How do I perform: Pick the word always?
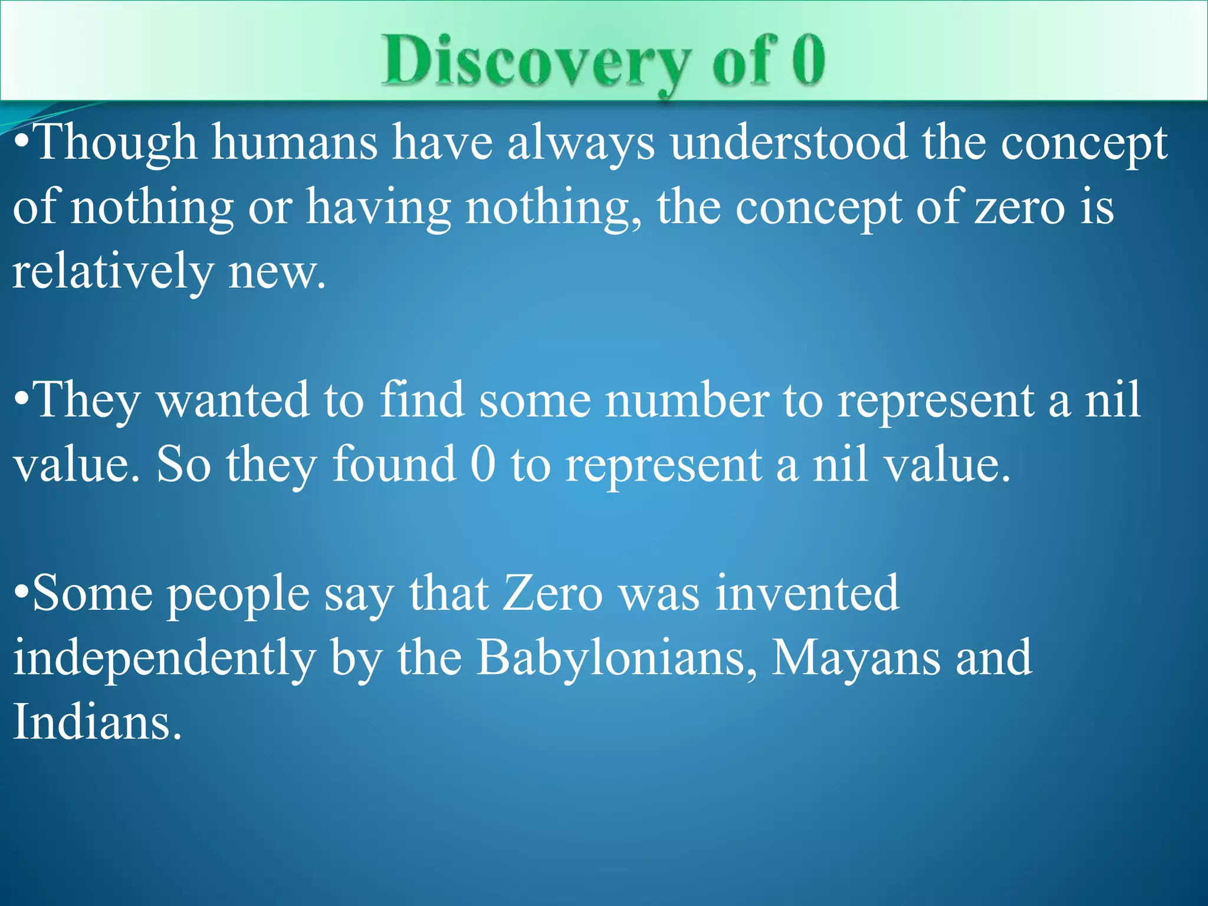tap(580, 144)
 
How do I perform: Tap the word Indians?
tap(97, 722)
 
